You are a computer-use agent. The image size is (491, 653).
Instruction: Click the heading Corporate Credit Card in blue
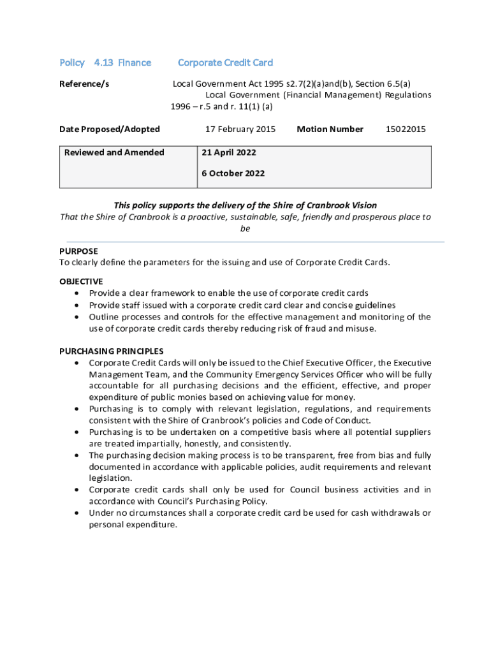coord(225,62)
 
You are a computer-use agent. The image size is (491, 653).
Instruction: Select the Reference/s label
coord(84,84)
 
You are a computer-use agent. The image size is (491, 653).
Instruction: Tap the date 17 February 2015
coord(240,129)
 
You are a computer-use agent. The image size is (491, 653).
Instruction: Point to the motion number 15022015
coord(406,129)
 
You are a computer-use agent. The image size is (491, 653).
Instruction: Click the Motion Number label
coord(330,129)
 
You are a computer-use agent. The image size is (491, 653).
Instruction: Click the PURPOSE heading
coord(78,251)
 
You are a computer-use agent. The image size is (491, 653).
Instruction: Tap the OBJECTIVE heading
coord(81,281)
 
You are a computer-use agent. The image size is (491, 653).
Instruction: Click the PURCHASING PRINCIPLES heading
coord(112,351)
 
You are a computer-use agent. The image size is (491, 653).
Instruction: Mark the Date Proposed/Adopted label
coord(110,129)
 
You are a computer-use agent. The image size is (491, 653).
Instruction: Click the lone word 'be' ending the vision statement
coord(245,228)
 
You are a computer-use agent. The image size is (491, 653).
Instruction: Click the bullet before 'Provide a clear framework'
coord(77,293)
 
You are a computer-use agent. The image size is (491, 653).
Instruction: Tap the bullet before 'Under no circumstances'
coord(77,513)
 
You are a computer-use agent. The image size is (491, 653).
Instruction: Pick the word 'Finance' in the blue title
coord(135,62)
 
